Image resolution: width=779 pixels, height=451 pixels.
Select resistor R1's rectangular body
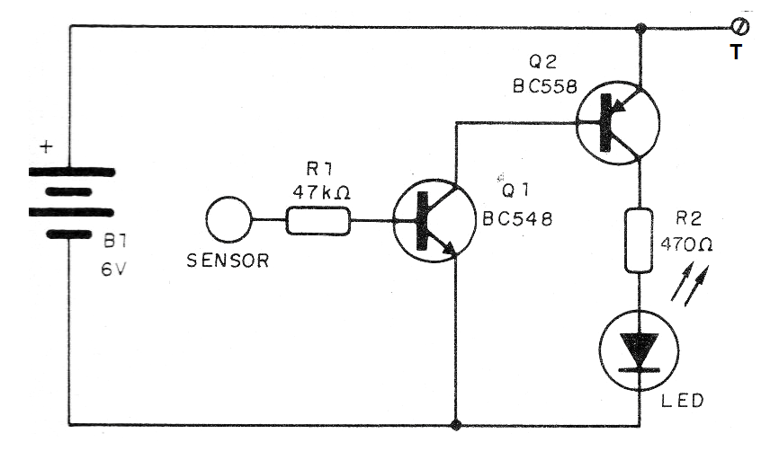click(x=318, y=220)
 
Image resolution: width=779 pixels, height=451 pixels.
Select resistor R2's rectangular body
click(x=638, y=239)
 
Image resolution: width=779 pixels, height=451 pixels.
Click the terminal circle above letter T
click(x=742, y=28)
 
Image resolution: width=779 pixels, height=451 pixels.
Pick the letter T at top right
click(x=737, y=52)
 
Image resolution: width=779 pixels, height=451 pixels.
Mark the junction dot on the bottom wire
click(x=457, y=424)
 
